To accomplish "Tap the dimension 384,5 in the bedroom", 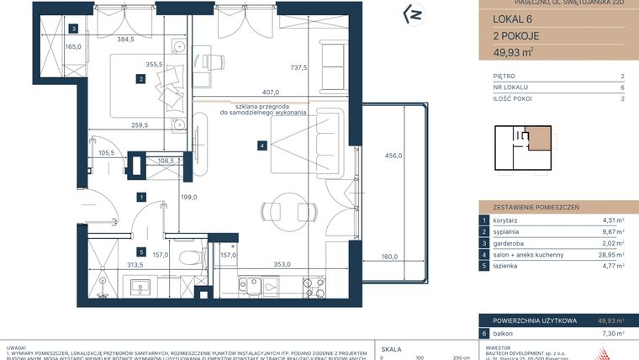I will (125, 40).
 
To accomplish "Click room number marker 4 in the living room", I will (263, 146).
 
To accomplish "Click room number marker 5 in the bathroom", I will (142, 251).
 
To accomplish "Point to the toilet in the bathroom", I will (191, 258).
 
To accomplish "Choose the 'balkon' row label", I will (504, 333).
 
